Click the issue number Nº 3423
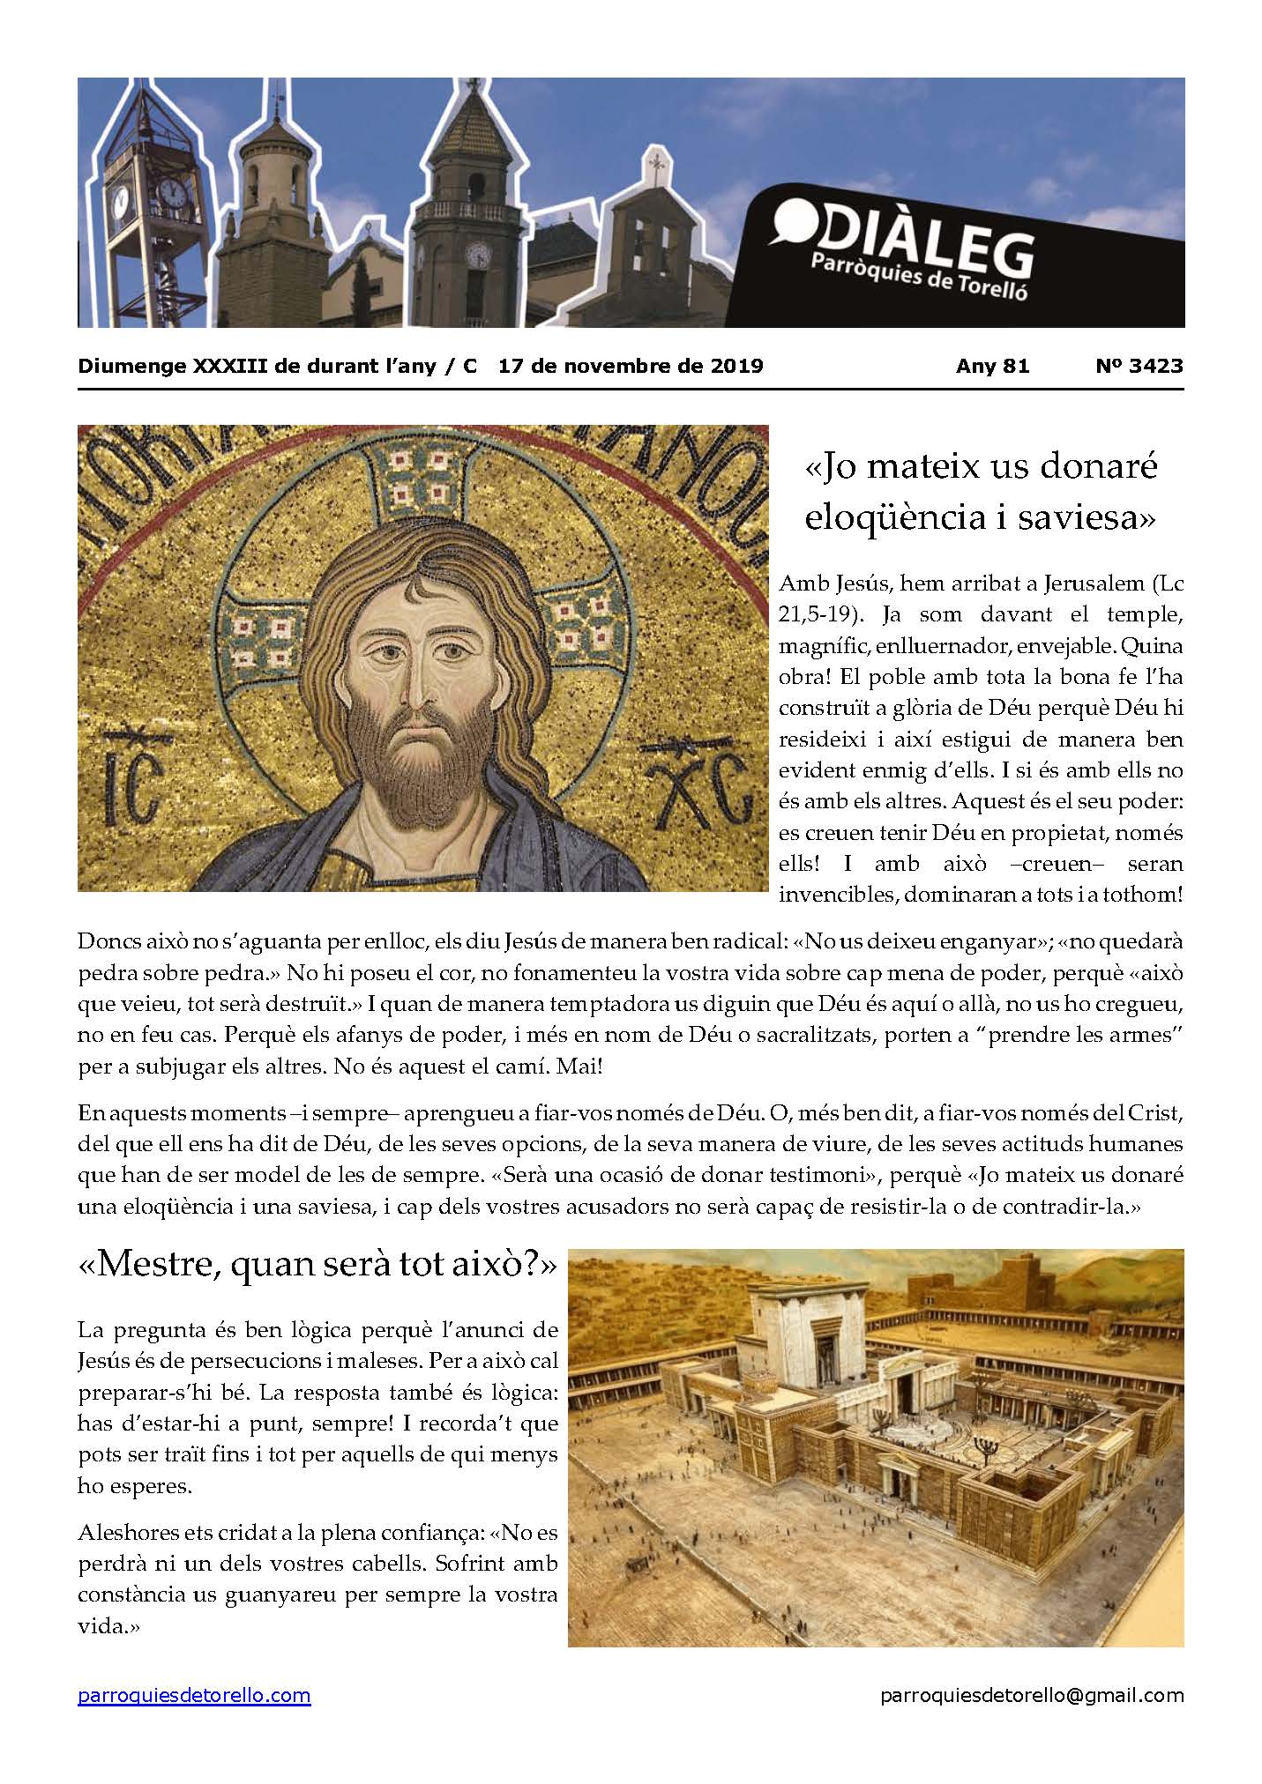pyautogui.click(x=1139, y=366)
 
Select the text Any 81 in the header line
pyautogui.click(x=992, y=366)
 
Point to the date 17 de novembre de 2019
pyautogui.click(x=631, y=366)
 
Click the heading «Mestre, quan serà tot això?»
pyautogui.click(x=317, y=1266)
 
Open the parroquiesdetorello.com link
pyautogui.click(x=194, y=1696)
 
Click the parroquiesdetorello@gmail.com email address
pyautogui.click(x=1032, y=1696)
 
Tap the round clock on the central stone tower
pyautogui.click(x=478, y=256)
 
